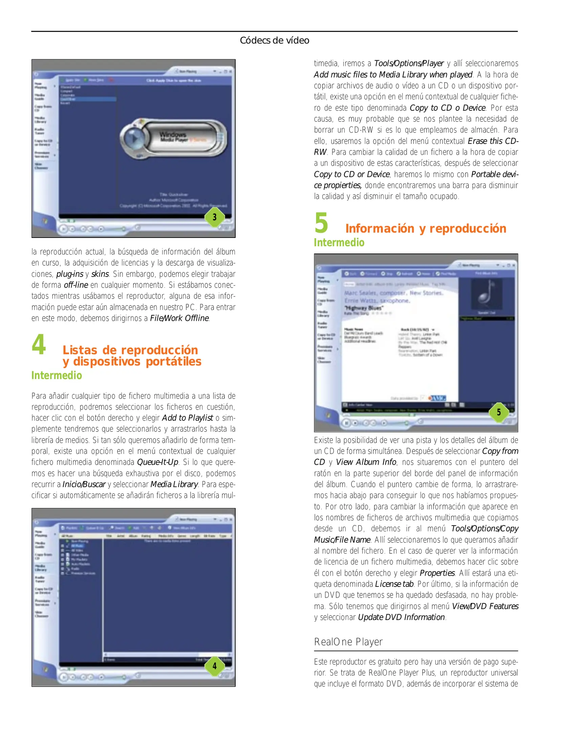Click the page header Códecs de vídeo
tap(274, 40)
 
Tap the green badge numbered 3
tap(214, 217)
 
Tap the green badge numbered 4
tap(214, 666)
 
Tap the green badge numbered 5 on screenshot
tap(498, 412)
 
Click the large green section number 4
tap(39, 344)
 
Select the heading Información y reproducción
tap(426, 228)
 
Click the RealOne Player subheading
tap(348, 642)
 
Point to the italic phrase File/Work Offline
tap(179, 318)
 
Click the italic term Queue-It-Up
tap(157, 462)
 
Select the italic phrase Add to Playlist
tap(188, 418)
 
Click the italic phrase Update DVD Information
tap(401, 617)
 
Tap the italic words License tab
tap(394, 584)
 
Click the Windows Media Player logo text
tap(173, 137)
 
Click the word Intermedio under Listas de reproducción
tap(57, 375)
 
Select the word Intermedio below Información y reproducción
tap(339, 243)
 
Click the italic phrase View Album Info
tap(366, 462)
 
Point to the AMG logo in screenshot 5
tap(437, 398)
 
